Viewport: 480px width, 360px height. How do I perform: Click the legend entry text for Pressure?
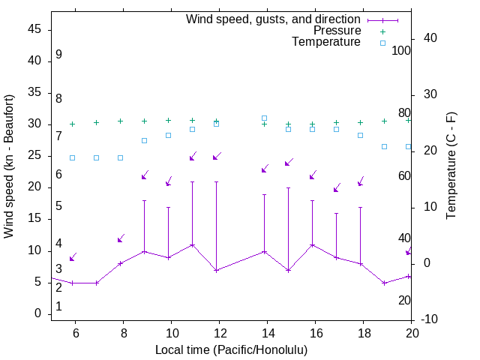tap(337, 31)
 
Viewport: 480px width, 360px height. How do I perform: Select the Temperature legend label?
tap(326, 43)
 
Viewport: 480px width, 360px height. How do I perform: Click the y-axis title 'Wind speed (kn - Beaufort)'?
tap(9, 166)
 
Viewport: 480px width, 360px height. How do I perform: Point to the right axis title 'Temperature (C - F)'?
tap(451, 166)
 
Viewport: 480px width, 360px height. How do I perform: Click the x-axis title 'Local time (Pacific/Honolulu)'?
tap(231, 350)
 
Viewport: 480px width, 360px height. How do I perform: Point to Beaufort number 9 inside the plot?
tap(58, 55)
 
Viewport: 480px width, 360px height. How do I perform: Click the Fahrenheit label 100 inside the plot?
tap(401, 50)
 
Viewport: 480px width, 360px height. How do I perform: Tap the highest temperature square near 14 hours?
tap(265, 118)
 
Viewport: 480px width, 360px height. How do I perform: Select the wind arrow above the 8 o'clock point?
tap(120, 238)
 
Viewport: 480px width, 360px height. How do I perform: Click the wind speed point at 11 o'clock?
tap(193, 244)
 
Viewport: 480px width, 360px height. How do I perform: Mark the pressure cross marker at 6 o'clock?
tap(73, 124)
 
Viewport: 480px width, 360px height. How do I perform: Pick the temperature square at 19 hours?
tap(385, 146)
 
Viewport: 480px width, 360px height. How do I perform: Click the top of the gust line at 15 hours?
tap(289, 187)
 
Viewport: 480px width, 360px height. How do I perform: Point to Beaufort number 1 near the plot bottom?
tap(58, 307)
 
